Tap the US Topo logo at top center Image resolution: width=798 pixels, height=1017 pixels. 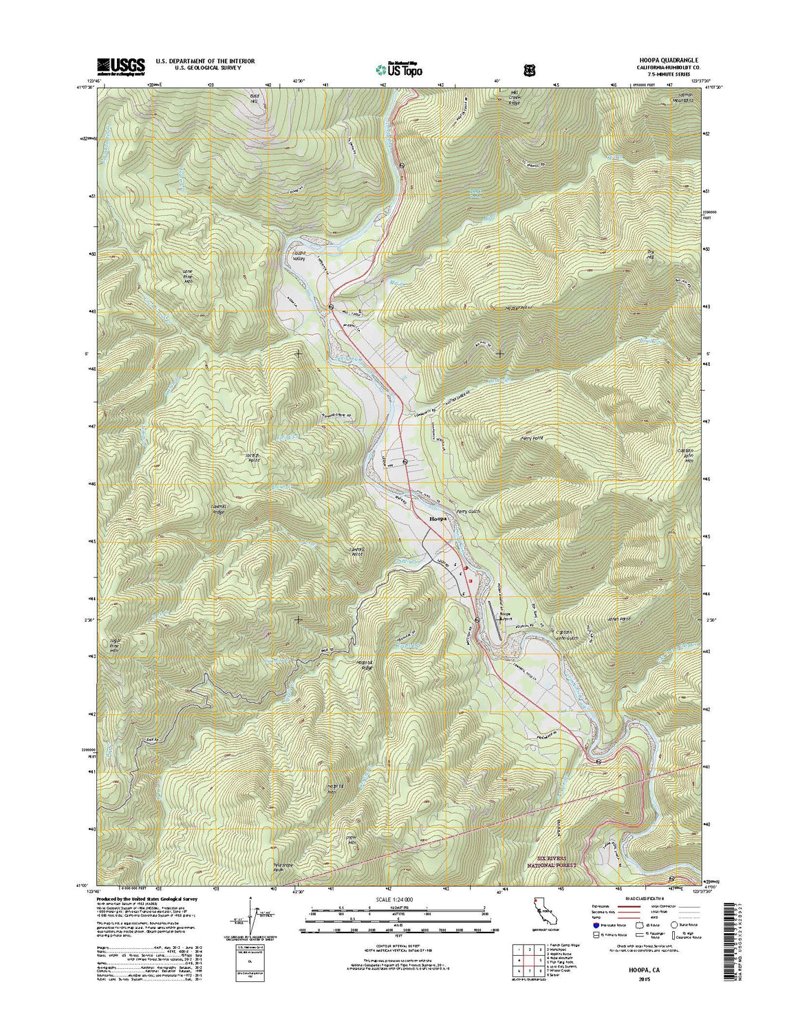point(399,69)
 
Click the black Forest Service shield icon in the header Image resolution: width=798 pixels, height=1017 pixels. point(529,69)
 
